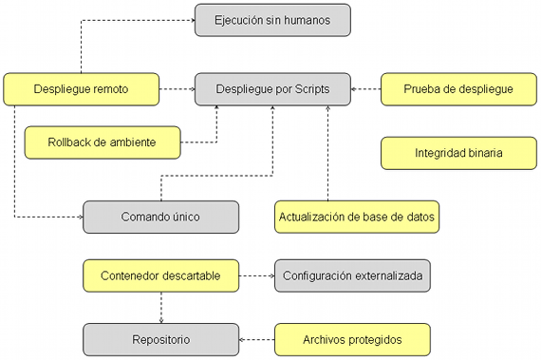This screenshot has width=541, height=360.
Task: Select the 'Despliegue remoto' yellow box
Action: click(81, 89)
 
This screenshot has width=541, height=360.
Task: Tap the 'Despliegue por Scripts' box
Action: click(272, 89)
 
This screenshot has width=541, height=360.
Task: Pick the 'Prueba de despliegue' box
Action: click(458, 89)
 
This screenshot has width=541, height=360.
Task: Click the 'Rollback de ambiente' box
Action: click(102, 143)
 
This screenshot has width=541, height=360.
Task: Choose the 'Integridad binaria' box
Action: click(458, 152)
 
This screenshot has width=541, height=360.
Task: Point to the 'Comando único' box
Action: click(160, 216)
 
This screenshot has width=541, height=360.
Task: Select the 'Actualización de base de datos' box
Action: click(358, 217)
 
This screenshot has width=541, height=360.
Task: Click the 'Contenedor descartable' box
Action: click(160, 275)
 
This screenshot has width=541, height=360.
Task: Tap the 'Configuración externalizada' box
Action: click(352, 275)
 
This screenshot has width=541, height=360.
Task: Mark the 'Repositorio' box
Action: click(160, 338)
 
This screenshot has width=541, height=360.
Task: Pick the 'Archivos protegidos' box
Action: click(352, 338)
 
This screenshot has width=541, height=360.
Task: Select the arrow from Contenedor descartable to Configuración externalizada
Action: click(255, 275)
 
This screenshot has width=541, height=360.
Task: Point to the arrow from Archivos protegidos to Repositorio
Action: click(256, 338)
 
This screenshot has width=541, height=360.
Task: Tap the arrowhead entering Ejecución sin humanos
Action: click(191, 20)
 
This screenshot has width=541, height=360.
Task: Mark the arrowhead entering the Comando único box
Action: click(80, 217)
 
